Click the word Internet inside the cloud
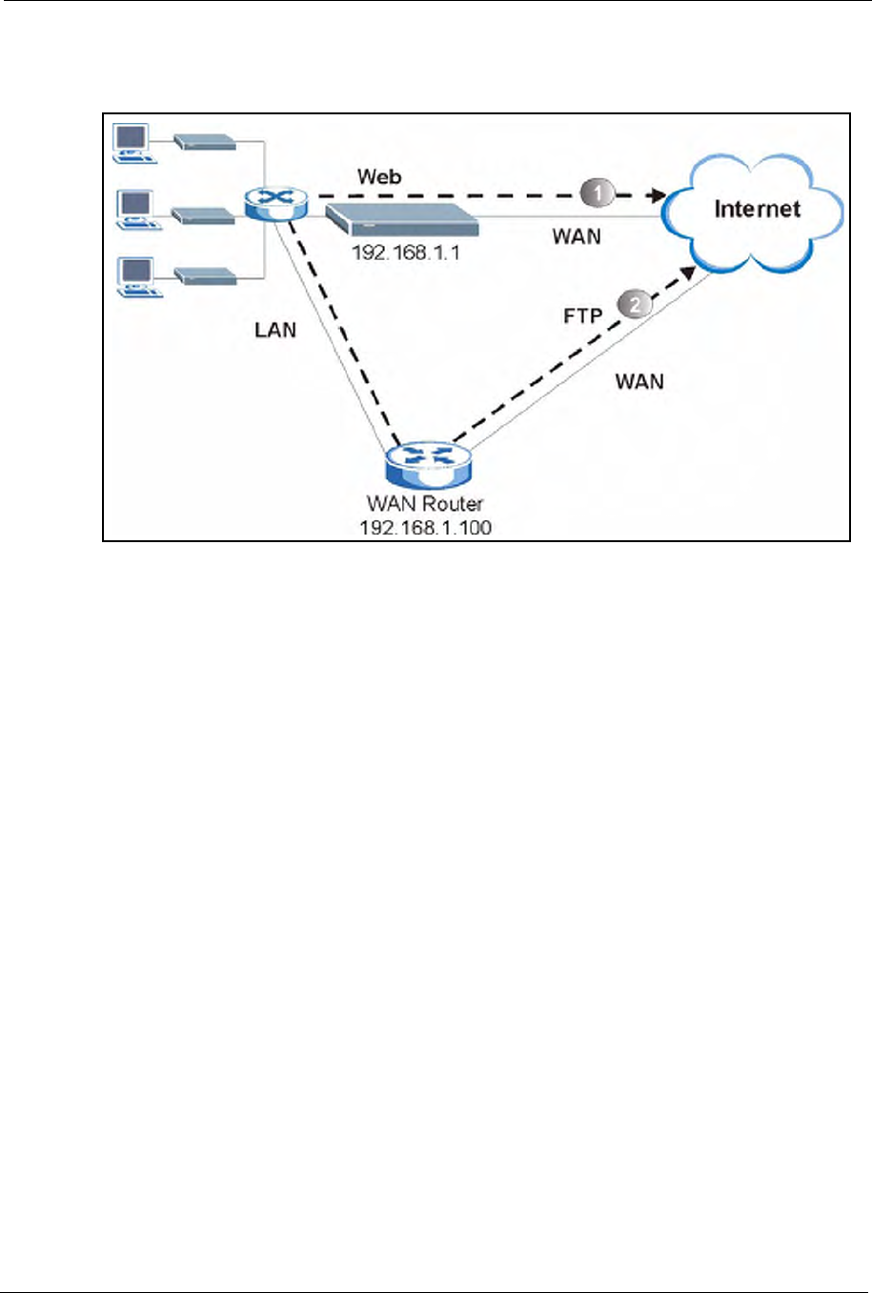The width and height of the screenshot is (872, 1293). point(757,209)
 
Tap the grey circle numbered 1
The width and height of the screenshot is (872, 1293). point(598,192)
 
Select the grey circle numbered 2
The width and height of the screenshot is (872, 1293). point(635,304)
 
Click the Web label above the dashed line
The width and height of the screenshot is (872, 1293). point(379,176)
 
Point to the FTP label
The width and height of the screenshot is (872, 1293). point(582,315)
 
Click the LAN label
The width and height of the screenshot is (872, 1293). point(275,331)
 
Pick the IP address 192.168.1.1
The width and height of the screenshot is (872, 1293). point(406,253)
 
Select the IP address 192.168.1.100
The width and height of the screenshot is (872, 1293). point(426,528)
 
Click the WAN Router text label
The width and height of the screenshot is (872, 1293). point(425,504)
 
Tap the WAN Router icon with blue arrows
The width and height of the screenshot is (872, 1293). point(429,463)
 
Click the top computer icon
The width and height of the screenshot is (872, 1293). point(134,143)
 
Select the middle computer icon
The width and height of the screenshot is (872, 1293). point(139,211)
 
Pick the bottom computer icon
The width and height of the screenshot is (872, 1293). point(140,277)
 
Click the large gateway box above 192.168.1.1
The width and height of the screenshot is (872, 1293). point(402,219)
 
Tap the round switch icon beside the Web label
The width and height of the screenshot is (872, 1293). point(276,203)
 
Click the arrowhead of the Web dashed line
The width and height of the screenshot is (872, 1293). point(659,195)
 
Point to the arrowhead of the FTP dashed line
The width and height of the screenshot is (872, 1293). point(688,273)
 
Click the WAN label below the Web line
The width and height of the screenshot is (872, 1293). point(577,236)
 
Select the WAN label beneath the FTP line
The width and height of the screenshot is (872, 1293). point(639,381)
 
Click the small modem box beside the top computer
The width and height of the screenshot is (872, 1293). point(205,142)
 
